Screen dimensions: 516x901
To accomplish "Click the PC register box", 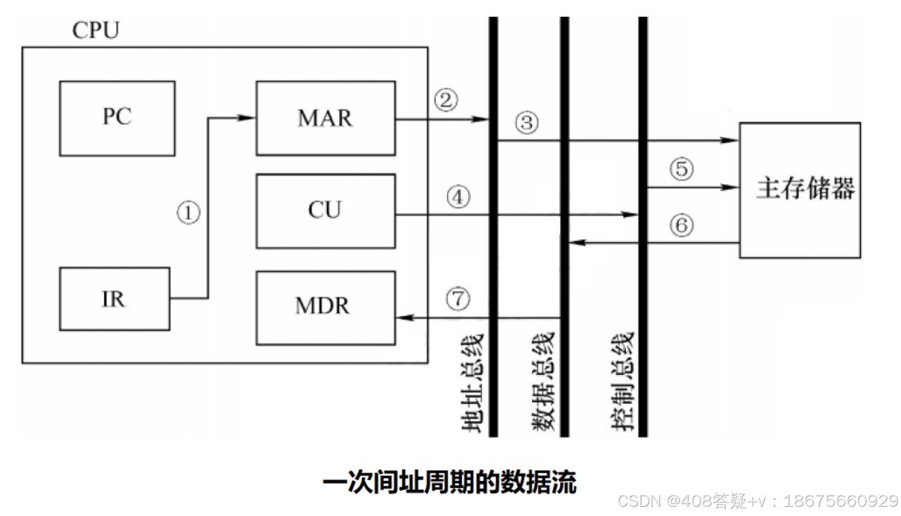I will click(116, 117).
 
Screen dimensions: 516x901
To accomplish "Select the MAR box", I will click(324, 117).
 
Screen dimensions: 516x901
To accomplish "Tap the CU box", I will click(324, 211).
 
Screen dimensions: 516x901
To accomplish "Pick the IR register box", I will click(114, 299).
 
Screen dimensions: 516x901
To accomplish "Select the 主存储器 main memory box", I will click(799, 190).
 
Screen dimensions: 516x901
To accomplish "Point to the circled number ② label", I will click(446, 100).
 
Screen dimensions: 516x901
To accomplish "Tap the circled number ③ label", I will click(526, 124).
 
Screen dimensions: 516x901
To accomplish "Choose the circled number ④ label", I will click(458, 198).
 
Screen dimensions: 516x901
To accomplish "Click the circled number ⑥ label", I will click(680, 225).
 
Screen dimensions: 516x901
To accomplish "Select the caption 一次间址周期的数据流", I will click(449, 482).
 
